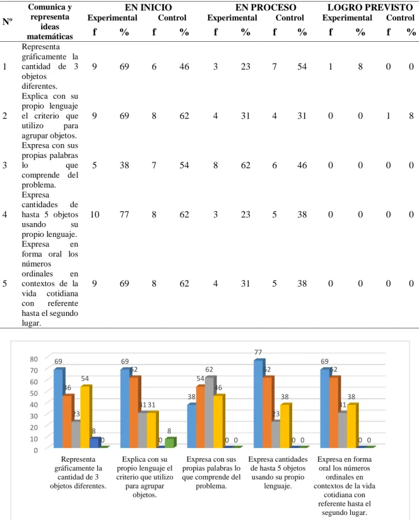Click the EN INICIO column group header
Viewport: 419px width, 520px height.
[148, 7]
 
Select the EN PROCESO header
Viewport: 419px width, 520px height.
[266, 7]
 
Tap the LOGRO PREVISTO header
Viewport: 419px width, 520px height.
[370, 7]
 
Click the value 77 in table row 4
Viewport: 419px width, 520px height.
[124, 215]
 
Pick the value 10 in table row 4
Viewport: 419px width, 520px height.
[95, 215]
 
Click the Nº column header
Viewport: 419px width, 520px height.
[7, 22]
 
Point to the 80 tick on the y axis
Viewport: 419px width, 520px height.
[34, 359]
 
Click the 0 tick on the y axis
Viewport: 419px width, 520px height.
[36, 450]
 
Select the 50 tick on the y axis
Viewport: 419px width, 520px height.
[34, 393]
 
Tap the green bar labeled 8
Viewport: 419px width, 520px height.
[170, 443]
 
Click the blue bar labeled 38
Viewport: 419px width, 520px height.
[192, 426]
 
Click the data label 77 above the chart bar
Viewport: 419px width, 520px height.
[258, 352]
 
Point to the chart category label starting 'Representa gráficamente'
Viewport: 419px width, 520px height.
[78, 473]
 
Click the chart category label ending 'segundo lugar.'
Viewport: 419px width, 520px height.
[345, 486]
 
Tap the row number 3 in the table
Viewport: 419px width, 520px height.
[5, 165]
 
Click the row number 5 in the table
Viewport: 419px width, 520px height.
[5, 284]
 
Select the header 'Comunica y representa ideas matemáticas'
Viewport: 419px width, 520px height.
[50, 22]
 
